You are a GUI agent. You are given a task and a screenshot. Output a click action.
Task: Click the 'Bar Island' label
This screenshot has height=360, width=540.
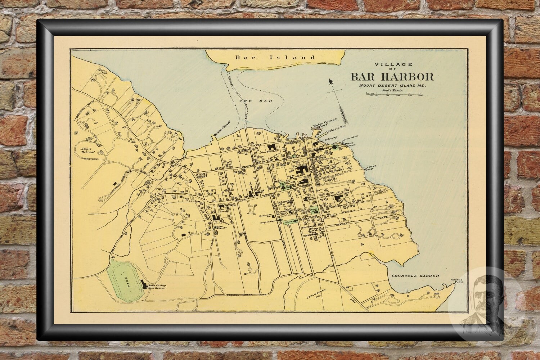pos(275,57)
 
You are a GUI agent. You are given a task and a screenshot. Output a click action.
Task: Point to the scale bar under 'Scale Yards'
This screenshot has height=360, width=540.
pos(395,94)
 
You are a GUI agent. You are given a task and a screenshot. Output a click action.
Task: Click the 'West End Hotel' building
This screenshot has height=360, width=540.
pos(272,148)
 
